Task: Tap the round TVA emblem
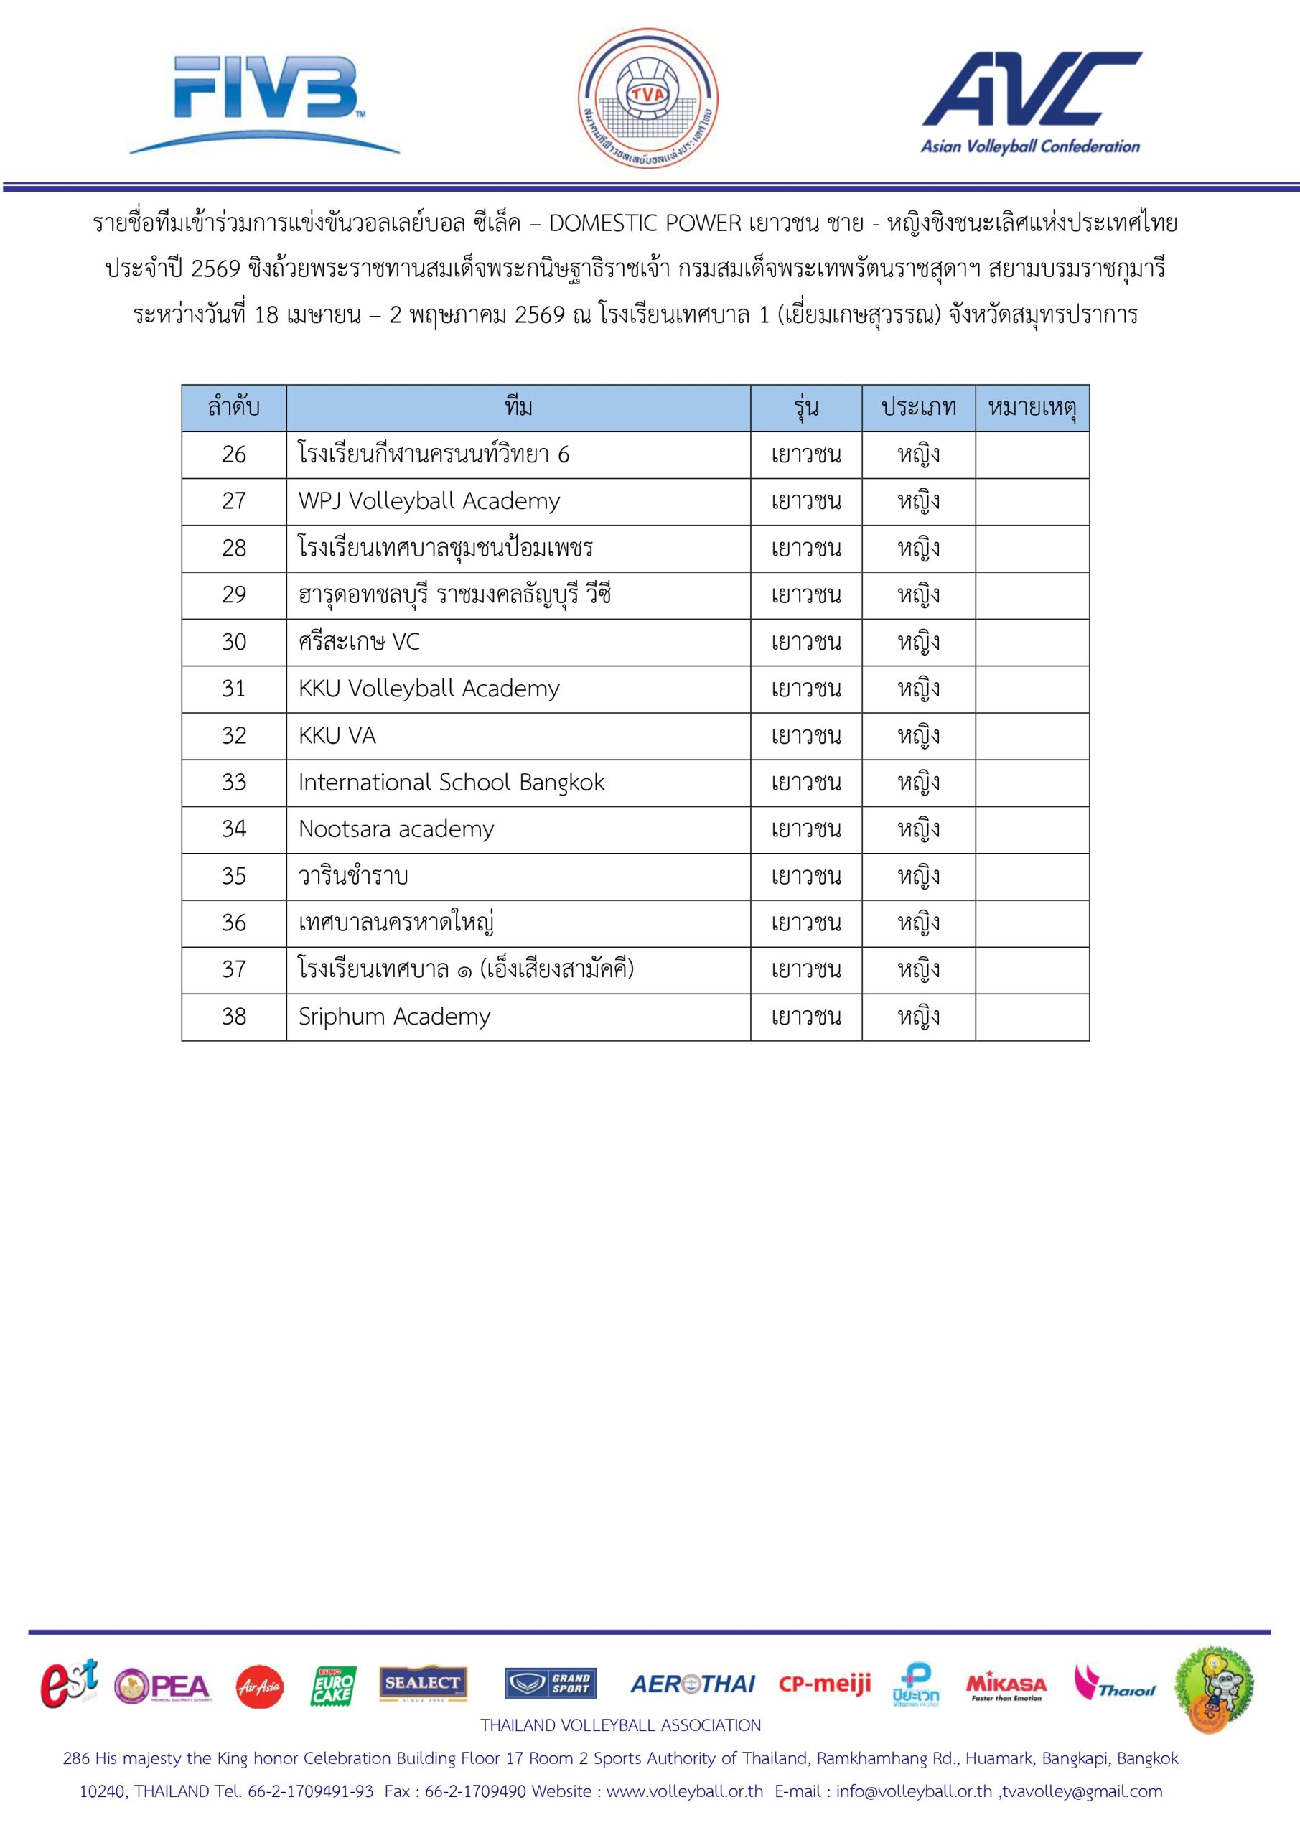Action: pos(648,98)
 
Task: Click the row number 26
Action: pos(234,454)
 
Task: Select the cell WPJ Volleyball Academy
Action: pos(429,501)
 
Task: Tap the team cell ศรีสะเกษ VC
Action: pos(359,642)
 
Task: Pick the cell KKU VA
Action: pos(337,736)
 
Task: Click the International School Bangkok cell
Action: pos(452,782)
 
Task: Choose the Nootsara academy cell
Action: pos(396,829)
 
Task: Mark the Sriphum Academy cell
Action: pos(394,1017)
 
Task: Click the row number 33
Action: pos(234,782)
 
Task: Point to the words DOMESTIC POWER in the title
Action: pos(645,223)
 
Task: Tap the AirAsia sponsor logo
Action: pos(259,1686)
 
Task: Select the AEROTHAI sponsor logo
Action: pos(693,1684)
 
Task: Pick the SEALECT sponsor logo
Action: pos(423,1684)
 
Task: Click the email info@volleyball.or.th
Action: pos(913,1791)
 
